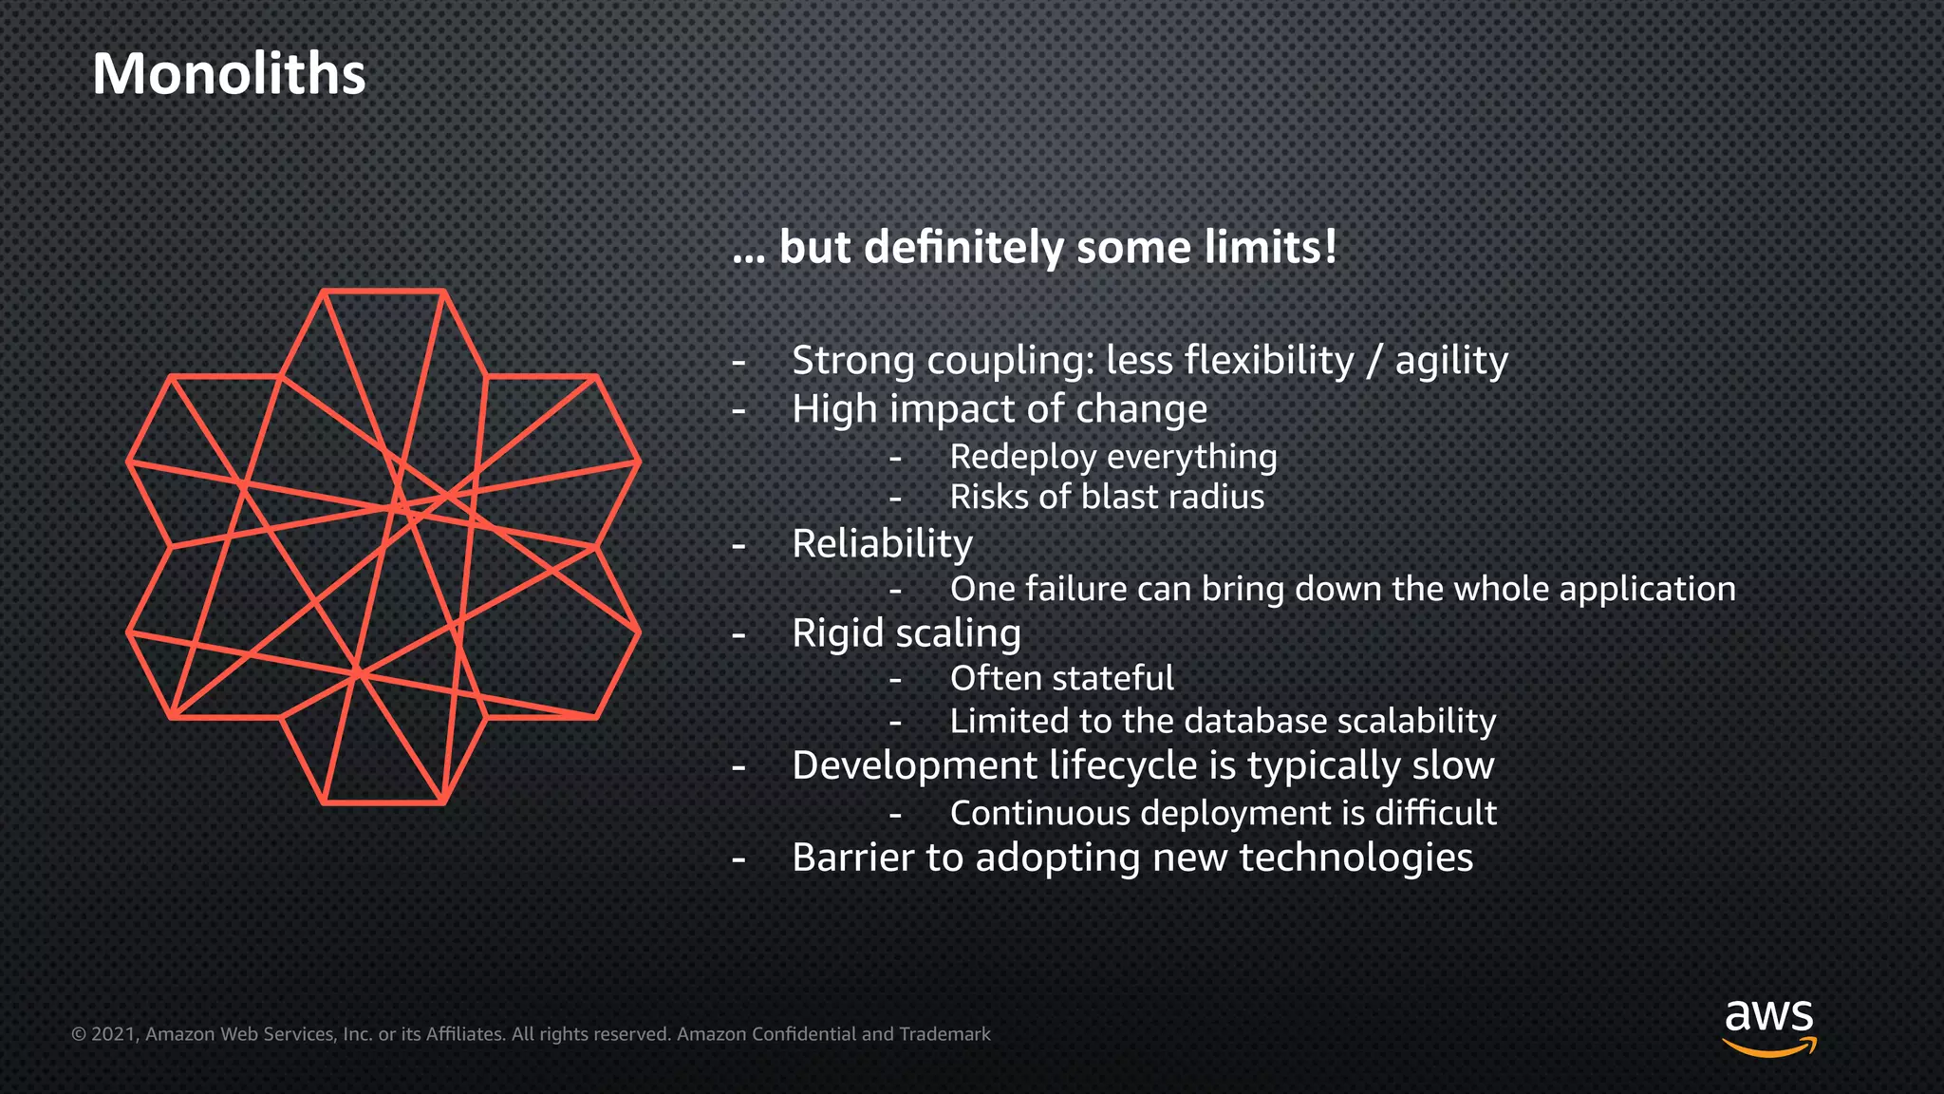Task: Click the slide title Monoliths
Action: pyautogui.click(x=229, y=74)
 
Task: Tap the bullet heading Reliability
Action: pyautogui.click(x=882, y=544)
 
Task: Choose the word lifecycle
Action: pyautogui.click(x=1123, y=765)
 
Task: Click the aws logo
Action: pyautogui.click(x=1768, y=1027)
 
